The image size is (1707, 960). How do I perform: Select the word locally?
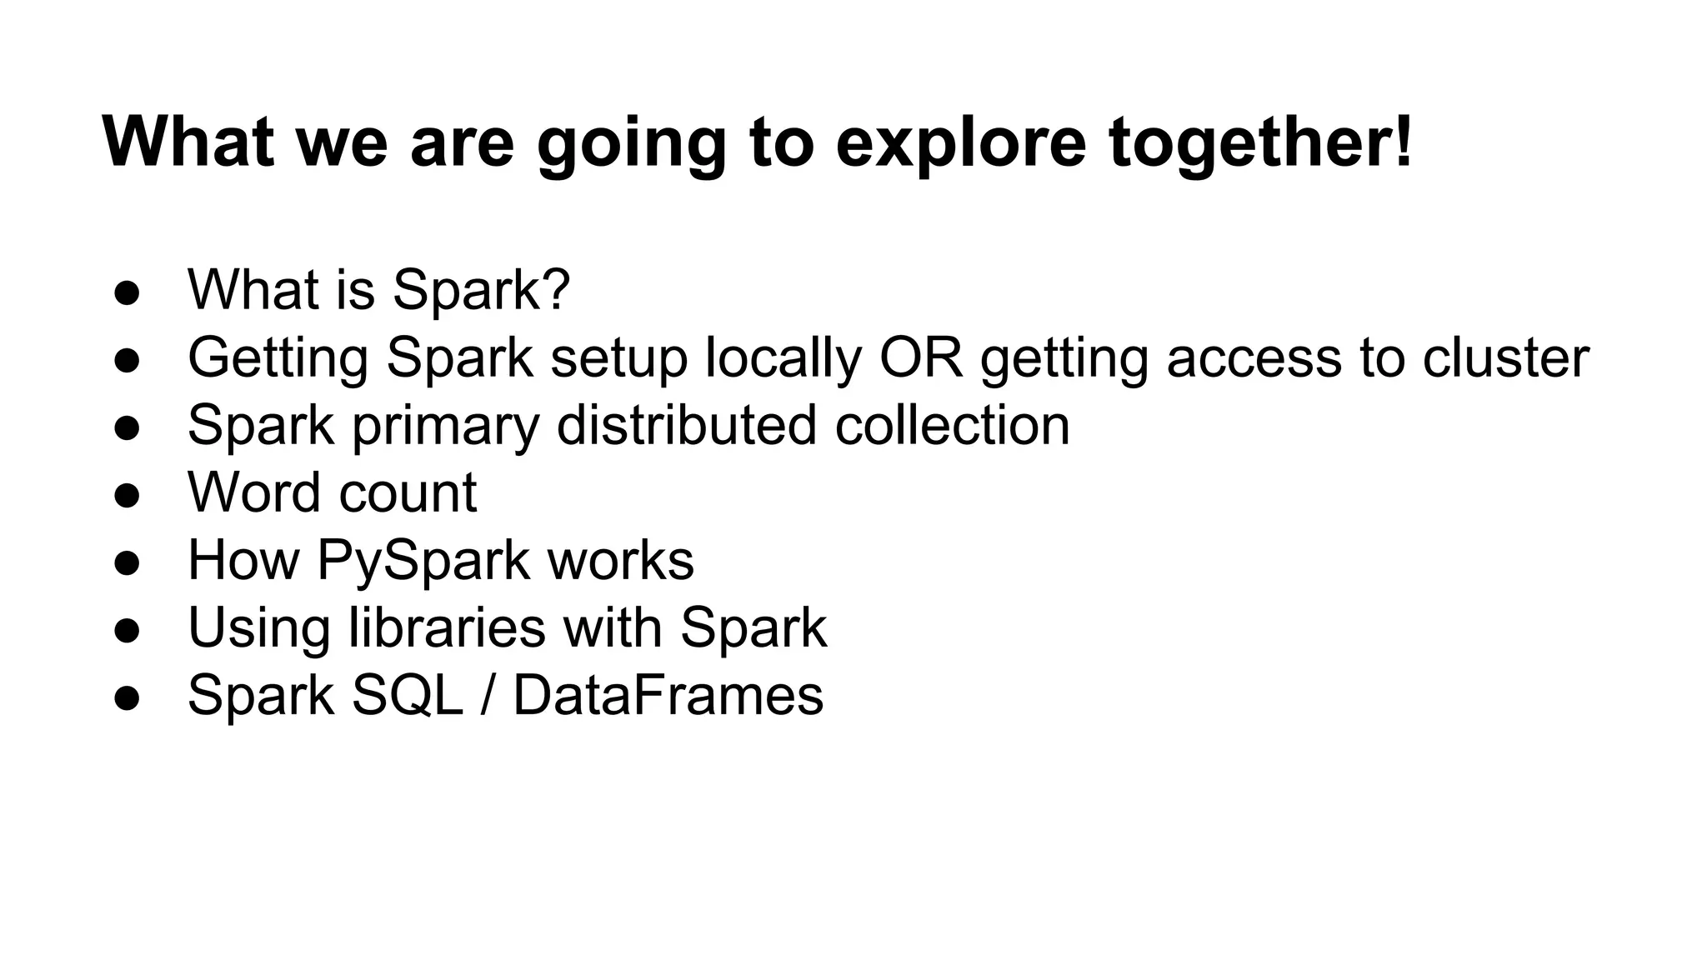tap(783, 358)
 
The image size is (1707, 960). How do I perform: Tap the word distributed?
tap(686, 424)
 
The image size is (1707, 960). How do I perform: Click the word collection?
tap(952, 424)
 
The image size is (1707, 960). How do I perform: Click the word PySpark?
tap(423, 560)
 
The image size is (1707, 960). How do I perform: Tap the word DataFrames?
tap(668, 694)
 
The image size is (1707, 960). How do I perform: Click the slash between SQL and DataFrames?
tap(487, 694)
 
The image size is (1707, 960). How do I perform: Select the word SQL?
tap(407, 694)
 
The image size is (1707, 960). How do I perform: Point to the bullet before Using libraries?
tap(127, 629)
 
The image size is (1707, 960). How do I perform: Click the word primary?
tap(445, 426)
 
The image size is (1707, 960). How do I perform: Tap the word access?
tap(1254, 358)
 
